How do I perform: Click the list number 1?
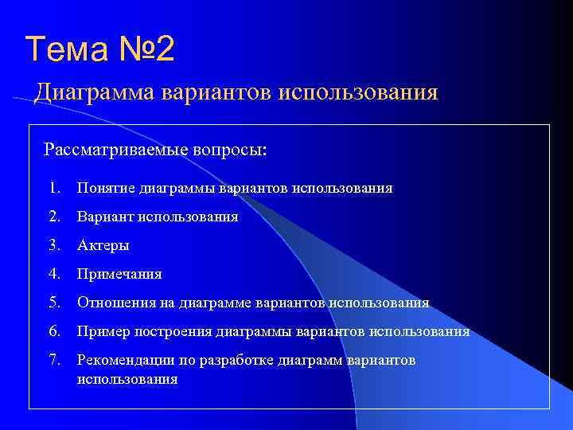(x=53, y=188)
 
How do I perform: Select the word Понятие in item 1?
(x=106, y=188)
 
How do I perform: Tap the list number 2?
(x=53, y=217)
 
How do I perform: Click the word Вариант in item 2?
(x=105, y=217)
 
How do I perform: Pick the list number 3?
(x=53, y=245)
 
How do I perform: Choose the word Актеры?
(x=103, y=245)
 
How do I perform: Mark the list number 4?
(x=53, y=274)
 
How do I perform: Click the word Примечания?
(x=119, y=274)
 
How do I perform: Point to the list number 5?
(x=53, y=303)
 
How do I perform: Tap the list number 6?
(x=53, y=331)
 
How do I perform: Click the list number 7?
(x=53, y=361)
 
